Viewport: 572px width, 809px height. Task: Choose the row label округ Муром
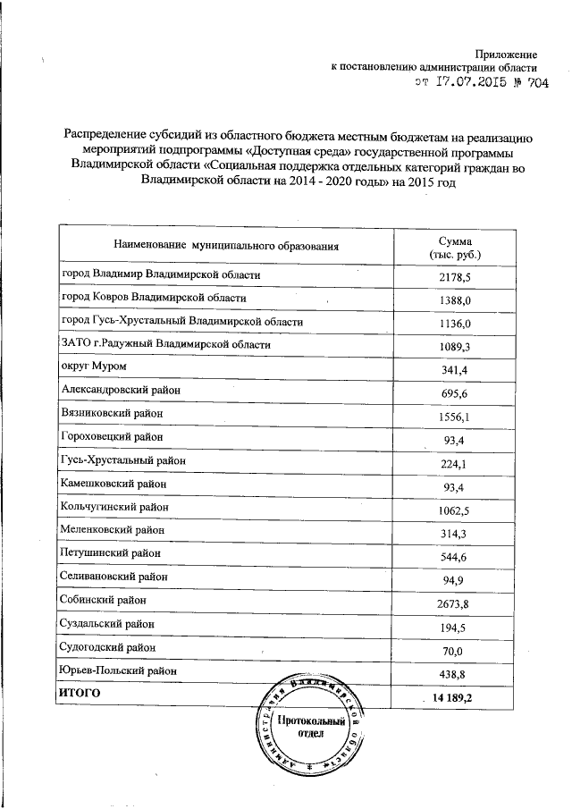click(x=94, y=367)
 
